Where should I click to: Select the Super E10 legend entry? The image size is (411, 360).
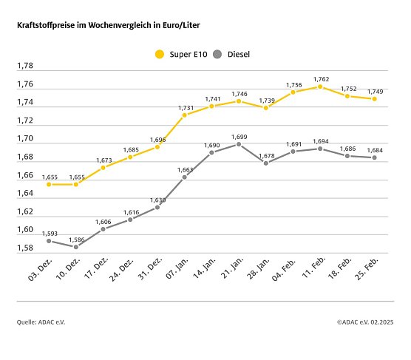point(179,54)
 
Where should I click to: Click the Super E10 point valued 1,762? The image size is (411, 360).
point(320,86)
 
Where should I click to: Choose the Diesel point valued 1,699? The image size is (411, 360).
point(239,144)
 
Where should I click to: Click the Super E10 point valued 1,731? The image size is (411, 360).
point(185,115)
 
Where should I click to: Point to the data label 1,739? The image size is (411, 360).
point(265,100)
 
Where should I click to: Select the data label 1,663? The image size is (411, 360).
point(185,169)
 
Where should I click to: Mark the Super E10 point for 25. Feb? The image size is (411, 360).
point(375,98)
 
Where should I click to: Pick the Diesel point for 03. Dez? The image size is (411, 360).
point(49,241)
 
